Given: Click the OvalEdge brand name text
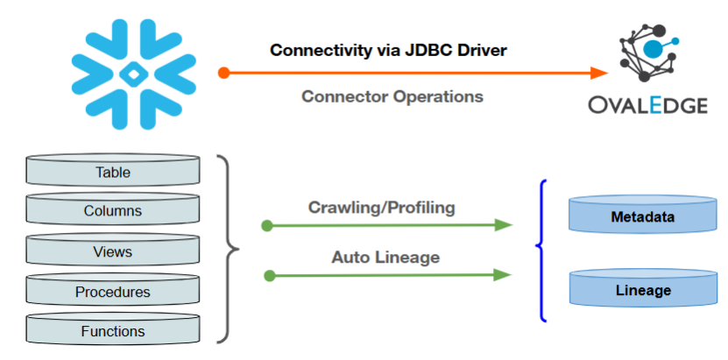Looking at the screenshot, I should coord(648,106).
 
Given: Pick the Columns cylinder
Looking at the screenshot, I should coord(112,211).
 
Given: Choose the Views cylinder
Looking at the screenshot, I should coord(112,251).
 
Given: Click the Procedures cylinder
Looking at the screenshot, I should coord(112,292).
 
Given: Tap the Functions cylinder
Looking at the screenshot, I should coord(112,331).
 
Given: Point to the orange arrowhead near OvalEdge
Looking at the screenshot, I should coord(599,73).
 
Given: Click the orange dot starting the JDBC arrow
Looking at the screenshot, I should coord(224,73).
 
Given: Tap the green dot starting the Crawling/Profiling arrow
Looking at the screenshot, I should coord(267,226).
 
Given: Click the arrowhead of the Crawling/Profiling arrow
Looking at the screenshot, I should coord(503,225).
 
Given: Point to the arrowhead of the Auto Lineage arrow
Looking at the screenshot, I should coord(503,275).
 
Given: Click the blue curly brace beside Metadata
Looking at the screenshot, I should coord(542,251).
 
